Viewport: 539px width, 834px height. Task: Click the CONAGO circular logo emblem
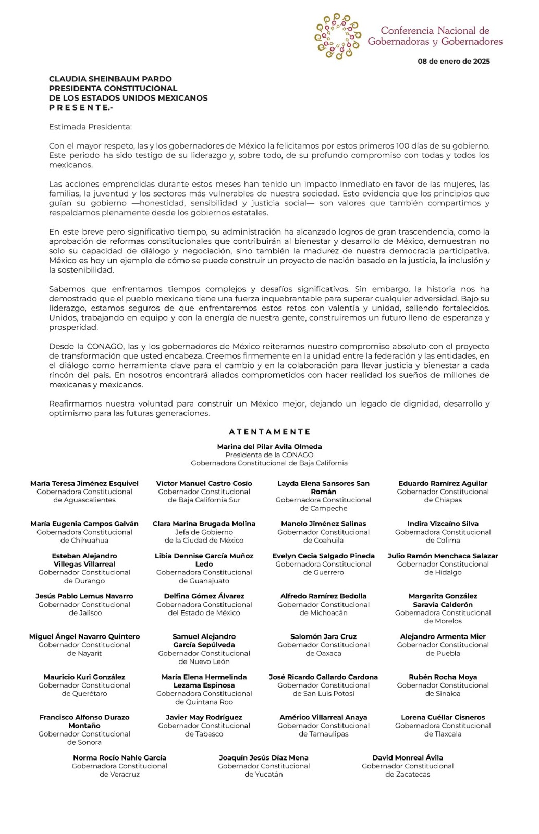pos(337,36)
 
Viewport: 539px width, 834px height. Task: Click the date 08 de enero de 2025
pos(454,61)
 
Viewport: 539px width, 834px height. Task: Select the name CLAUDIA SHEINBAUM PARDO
pos(110,79)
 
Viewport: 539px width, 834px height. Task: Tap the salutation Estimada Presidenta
pos(90,127)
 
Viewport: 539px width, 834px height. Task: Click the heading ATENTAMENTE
pos(269,432)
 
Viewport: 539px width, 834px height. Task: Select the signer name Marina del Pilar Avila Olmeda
pos(269,447)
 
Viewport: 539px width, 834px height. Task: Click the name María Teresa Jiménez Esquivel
pos(84,483)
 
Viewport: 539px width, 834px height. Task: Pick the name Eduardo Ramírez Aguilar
pos(443,483)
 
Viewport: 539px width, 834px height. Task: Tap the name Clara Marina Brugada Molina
pos(204,523)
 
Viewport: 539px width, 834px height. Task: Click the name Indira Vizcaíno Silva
pos(443,523)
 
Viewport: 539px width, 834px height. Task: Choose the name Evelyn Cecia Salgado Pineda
pos(323,556)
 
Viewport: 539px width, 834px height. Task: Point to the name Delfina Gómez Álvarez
pos(204,596)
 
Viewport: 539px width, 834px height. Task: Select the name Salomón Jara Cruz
pos(323,636)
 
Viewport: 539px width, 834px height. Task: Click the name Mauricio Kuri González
pos(84,677)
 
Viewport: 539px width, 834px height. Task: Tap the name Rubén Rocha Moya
pos(443,677)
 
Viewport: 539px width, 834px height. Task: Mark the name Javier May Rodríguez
pos(204,717)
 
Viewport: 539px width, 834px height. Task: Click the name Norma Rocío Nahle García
pos(119,757)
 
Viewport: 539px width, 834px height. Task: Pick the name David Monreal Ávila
pos(407,757)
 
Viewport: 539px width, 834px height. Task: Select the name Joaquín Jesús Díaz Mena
pos(263,757)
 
